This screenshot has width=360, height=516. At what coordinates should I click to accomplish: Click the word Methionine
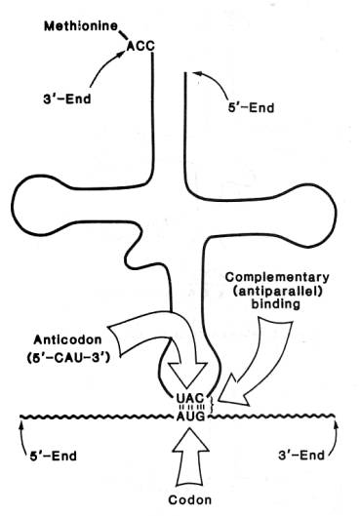(81, 26)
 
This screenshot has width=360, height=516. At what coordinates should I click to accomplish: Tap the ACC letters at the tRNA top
(140, 46)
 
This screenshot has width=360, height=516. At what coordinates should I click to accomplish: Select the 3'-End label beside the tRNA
(66, 99)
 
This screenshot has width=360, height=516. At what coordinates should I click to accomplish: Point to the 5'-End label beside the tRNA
(251, 108)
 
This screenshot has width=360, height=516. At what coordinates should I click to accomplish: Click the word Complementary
(277, 277)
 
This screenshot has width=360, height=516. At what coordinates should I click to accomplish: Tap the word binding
(276, 303)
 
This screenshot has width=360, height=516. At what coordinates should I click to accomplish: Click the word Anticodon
(67, 339)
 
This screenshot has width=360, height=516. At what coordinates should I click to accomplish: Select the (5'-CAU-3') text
(67, 357)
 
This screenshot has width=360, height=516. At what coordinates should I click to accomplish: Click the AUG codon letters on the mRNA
(191, 417)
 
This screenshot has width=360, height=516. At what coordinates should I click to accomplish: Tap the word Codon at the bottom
(190, 500)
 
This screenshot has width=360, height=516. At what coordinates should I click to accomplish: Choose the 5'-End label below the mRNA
(54, 456)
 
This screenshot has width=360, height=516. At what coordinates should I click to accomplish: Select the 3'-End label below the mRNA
(301, 456)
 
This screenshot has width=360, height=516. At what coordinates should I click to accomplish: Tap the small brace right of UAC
(212, 404)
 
